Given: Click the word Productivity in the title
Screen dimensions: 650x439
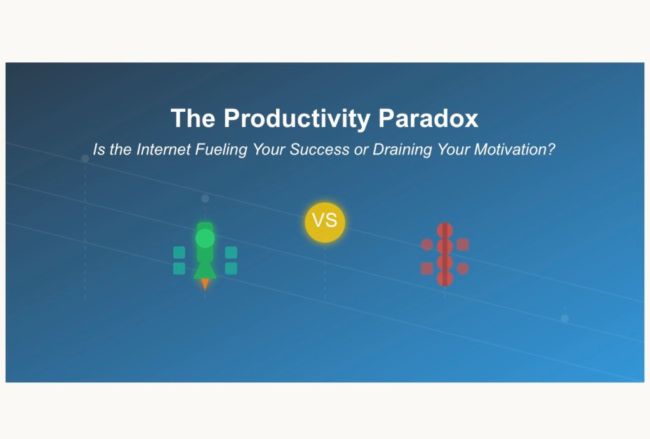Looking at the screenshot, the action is pos(297,119).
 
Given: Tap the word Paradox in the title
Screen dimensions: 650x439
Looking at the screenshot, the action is pos(428,118).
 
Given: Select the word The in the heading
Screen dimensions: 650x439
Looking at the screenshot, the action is pos(193,118).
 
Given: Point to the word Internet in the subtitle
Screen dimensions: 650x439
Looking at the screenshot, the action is pos(163,149).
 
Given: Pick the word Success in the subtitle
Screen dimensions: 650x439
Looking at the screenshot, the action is pos(319,149).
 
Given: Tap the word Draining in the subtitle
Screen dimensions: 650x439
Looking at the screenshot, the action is pos(402,150).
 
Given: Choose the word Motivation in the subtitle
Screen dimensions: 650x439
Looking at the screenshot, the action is pos(514,149).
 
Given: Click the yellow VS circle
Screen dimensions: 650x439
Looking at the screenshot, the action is pos(325,222).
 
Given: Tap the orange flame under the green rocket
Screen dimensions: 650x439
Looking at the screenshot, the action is pos(205,284).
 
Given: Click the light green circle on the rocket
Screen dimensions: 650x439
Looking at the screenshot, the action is pos(205,239).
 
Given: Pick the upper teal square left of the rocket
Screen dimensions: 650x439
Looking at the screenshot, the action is pos(179,252).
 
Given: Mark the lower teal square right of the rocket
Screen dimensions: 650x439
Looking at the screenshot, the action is pos(231,269).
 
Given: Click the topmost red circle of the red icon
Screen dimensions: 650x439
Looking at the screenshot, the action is pos(445,230).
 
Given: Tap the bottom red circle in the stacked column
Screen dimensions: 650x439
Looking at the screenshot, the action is pos(445,278).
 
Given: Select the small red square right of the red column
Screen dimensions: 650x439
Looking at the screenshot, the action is pos(463,245).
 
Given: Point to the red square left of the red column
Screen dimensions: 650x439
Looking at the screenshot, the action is pos(427,269).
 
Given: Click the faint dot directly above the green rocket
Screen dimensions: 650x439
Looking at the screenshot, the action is pos(205,199).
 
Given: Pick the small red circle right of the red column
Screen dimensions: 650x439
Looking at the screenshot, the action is pos(463,269).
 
